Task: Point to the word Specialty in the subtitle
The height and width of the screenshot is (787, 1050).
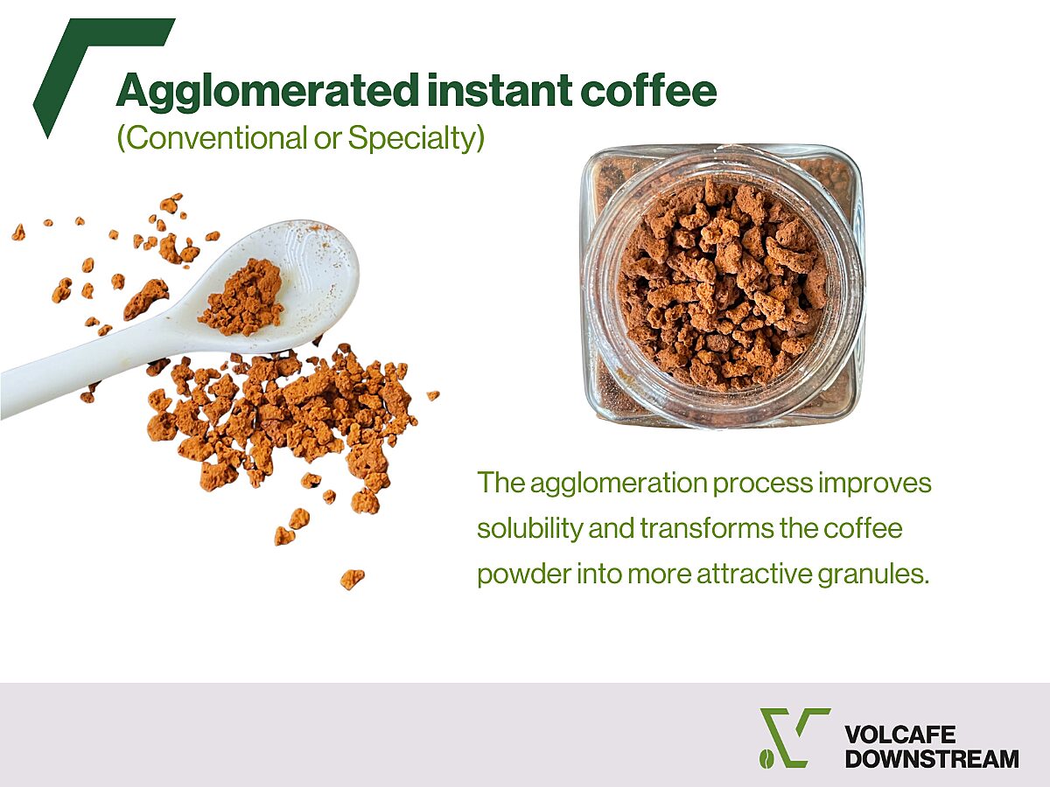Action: (411, 139)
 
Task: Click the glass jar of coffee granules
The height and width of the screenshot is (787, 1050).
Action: (723, 287)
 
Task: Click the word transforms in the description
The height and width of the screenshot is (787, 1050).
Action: (706, 528)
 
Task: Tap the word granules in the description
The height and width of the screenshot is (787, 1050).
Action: (873, 575)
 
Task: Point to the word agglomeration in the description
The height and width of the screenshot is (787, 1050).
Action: (619, 484)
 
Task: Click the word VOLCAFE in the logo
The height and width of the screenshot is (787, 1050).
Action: (899, 735)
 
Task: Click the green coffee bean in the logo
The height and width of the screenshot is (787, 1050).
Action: (766, 758)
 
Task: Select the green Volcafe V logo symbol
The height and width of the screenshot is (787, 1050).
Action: (795, 738)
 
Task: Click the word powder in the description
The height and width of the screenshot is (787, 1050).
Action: (524, 575)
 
